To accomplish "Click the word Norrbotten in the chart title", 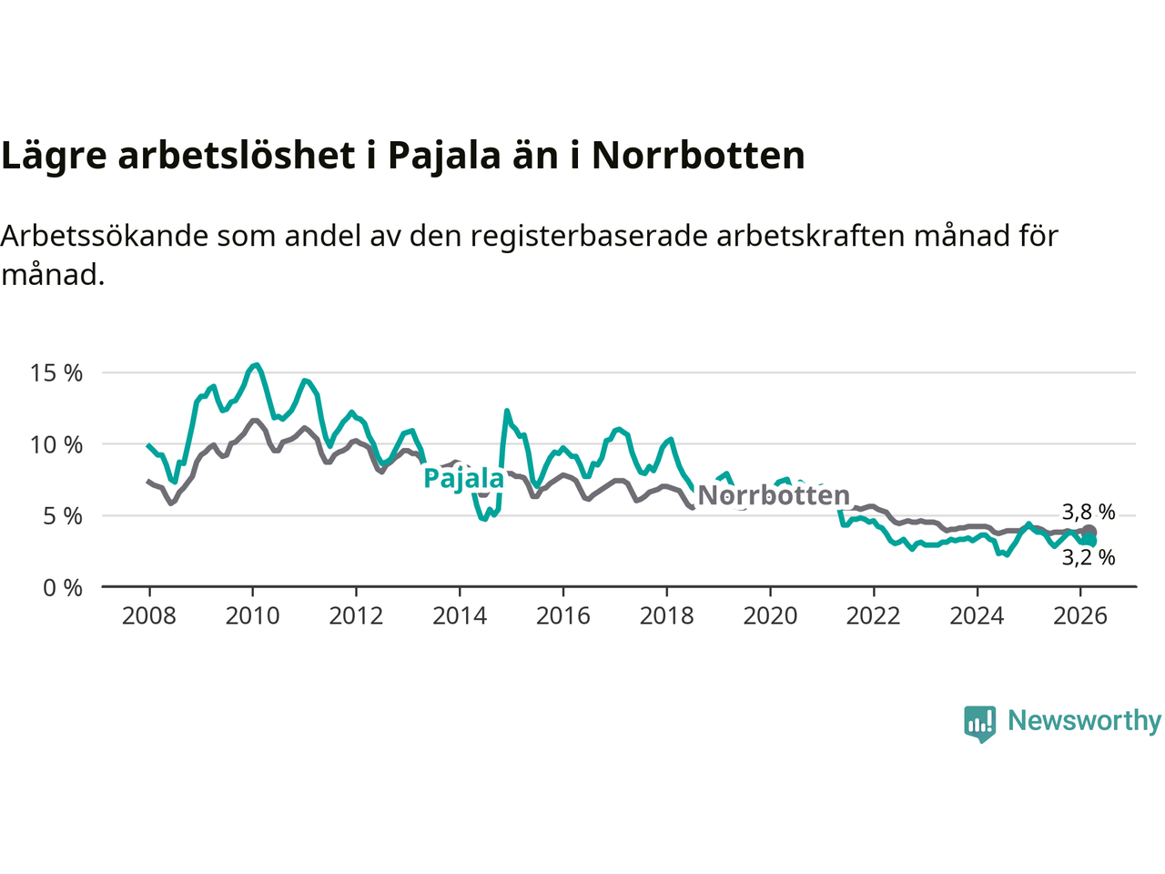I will [698, 156].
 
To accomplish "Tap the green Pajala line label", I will [464, 478].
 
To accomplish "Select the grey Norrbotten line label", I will [774, 495].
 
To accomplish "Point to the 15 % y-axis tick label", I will [56, 373].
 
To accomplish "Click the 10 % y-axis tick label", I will [56, 445].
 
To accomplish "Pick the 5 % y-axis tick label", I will [63, 516].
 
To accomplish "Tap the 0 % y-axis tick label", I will [63, 588].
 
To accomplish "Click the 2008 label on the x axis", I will [149, 616].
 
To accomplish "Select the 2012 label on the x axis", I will [356, 616].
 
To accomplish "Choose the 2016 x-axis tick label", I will [563, 616].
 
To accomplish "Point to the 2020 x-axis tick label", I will [770, 616].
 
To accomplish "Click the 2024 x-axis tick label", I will [977, 616].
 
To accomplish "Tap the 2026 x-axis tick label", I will [1080, 616].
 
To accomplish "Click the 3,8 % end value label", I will [1089, 513].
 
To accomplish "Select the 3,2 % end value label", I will [1089, 557].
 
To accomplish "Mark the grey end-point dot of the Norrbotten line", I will [1089, 532].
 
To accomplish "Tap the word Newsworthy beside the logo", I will [1084, 721].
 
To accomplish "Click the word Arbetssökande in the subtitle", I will [105, 236].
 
